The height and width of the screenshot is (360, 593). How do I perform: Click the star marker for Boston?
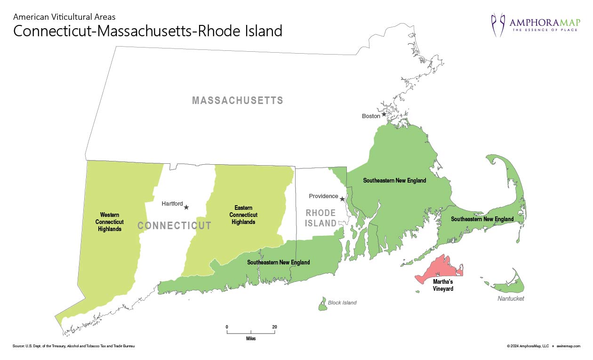(384, 114)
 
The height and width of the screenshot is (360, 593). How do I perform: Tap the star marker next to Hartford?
(186, 207)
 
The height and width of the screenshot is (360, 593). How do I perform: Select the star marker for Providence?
(342, 199)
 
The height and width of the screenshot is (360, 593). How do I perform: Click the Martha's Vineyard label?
(443, 285)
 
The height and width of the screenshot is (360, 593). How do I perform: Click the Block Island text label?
(342, 303)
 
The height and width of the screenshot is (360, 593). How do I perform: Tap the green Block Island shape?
(323, 304)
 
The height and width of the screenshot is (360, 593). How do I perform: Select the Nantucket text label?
(511, 299)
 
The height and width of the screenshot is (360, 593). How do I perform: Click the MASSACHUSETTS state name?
(237, 101)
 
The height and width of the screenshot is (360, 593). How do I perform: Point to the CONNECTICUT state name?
(174, 226)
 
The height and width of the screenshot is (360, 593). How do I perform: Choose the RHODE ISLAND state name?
(321, 218)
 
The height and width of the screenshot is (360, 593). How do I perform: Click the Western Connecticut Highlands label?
(109, 222)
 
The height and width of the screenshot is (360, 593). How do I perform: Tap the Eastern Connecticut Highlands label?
(243, 215)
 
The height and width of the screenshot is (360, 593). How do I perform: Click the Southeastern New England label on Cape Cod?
(482, 219)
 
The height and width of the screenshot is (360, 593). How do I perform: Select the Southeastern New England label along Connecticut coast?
(279, 262)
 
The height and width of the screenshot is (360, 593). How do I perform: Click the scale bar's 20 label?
(274, 327)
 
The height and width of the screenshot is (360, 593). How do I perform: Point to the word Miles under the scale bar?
(251, 338)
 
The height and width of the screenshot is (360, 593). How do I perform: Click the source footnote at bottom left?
(74, 346)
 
